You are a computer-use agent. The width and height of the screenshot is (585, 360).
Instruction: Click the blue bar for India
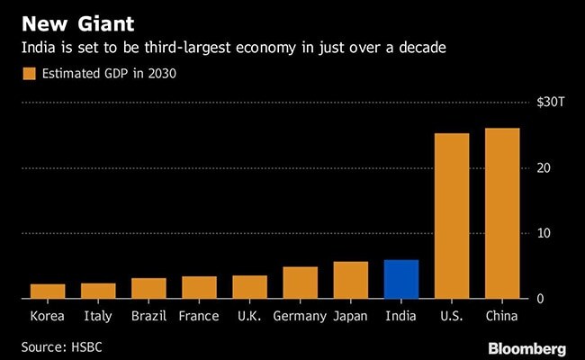coord(400,279)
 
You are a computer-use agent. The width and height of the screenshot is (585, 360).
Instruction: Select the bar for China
coord(502,213)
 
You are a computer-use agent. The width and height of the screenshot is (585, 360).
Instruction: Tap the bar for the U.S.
coord(452,216)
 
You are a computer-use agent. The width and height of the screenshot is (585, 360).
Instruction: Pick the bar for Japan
coord(350,280)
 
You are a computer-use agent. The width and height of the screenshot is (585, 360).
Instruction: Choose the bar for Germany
coord(300,283)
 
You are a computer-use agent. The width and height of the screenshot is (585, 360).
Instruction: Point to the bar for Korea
coord(48,291)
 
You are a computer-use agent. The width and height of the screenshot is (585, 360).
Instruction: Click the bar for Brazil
coord(148,288)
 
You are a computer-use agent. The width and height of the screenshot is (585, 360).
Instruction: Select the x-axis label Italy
coord(98,316)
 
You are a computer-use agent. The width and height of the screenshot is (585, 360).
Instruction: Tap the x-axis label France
coord(199,316)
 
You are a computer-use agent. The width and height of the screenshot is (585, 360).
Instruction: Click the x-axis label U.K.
coord(249,316)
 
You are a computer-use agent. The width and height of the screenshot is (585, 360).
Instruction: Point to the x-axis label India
coord(400,316)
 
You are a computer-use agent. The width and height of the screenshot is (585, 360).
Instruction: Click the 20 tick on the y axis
coord(544,168)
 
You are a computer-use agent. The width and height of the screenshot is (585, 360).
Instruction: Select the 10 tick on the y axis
coord(544,233)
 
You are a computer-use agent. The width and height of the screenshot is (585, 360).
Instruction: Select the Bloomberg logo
coord(526,347)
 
